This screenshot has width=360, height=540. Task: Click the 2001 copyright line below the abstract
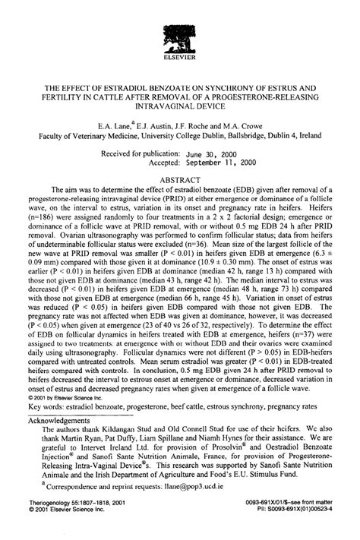[70, 396]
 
